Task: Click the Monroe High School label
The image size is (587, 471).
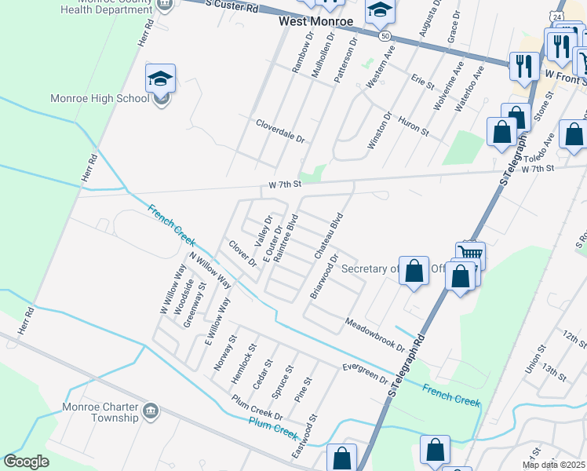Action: point(99,99)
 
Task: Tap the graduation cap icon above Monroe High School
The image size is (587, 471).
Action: point(160,78)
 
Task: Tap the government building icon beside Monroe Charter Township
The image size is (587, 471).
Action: point(151,409)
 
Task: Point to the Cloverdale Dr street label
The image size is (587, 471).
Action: point(280,130)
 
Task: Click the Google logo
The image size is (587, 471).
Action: point(27,461)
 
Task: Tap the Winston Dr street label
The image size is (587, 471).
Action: point(379,131)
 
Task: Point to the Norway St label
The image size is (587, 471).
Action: point(224,353)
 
